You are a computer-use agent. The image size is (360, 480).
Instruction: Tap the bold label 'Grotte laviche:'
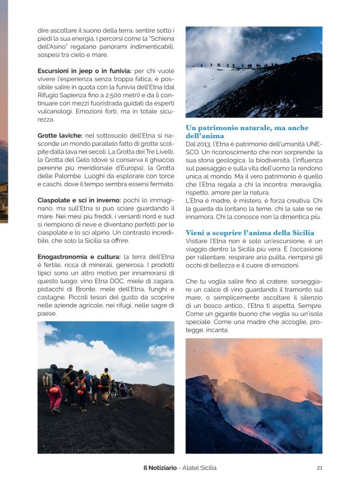(x=61, y=136)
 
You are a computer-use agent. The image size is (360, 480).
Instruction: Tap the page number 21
(x=319, y=467)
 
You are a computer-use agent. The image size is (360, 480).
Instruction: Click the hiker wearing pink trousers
(x=55, y=396)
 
